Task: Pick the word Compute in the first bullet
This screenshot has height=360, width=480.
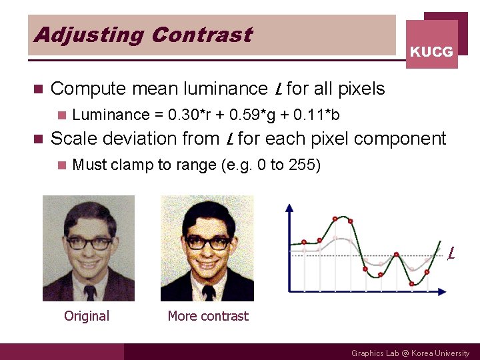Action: [88, 89]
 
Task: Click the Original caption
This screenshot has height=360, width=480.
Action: [87, 316]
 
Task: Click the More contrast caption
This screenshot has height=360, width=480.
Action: [208, 316]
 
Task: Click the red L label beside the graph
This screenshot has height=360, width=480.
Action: [451, 253]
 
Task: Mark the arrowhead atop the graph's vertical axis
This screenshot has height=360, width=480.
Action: [289, 207]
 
